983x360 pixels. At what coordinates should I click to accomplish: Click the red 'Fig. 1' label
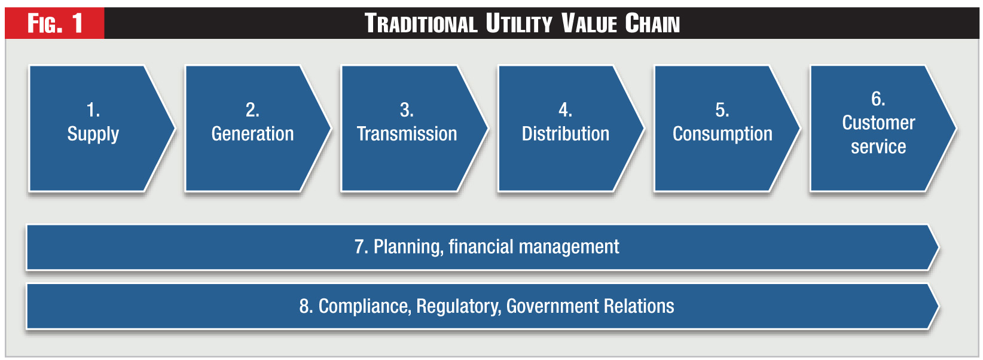point(55,23)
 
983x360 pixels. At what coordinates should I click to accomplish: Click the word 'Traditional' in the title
point(421,23)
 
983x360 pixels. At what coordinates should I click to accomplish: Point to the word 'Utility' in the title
point(519,23)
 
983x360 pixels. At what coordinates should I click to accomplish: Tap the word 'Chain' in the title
point(652,23)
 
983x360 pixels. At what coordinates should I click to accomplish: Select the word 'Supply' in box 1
point(93,135)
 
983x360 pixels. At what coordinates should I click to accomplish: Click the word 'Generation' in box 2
point(252,133)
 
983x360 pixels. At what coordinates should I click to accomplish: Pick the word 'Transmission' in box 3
point(407,133)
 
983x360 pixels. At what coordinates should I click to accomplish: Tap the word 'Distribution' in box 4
point(565,133)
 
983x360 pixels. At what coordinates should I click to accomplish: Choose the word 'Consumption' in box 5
point(722,134)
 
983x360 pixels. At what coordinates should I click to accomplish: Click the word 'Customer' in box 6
point(878,123)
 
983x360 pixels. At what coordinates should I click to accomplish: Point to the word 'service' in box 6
point(878,147)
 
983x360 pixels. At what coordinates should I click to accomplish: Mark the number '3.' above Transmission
point(407,110)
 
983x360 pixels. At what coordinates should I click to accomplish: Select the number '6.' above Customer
point(878,99)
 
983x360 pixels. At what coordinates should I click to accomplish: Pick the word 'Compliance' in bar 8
point(365,306)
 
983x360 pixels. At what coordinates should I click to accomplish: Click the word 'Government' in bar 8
point(552,306)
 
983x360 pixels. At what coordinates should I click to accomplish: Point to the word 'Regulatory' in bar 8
point(459,306)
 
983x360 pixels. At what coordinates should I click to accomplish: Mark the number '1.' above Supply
point(93,110)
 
